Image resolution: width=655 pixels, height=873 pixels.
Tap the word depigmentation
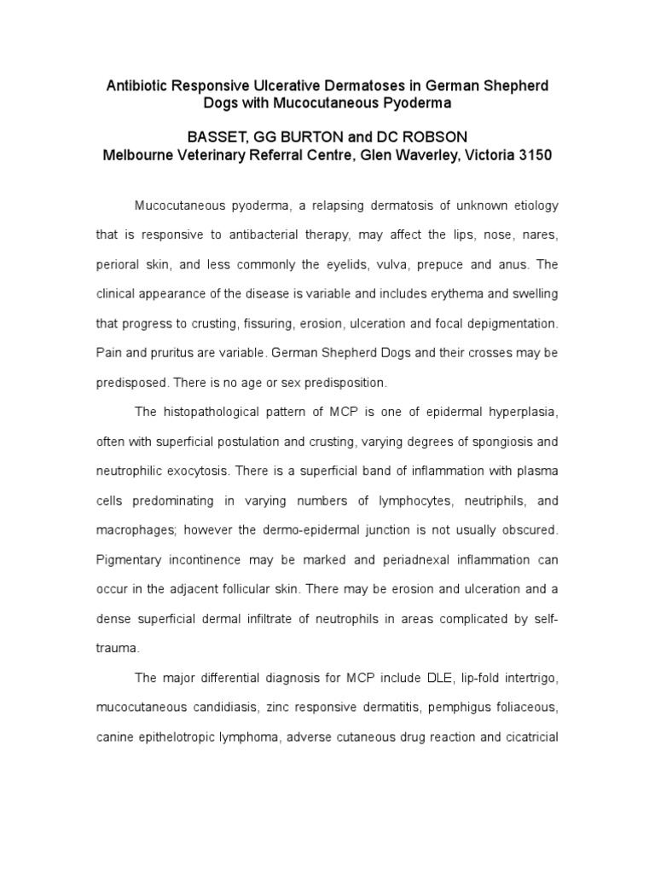511,323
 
